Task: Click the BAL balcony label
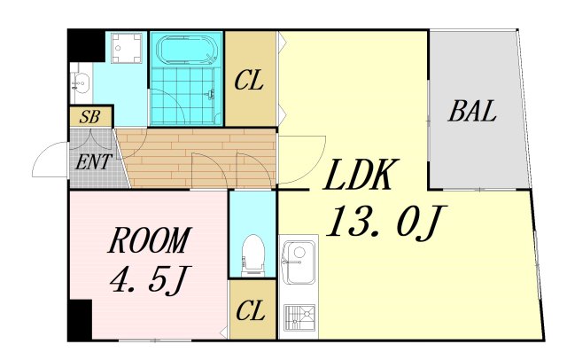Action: click(472, 111)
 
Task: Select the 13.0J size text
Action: click(387, 221)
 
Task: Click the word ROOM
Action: click(149, 240)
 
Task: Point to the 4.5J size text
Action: click(148, 279)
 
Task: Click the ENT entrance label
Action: click(92, 161)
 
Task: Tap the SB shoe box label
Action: click(89, 117)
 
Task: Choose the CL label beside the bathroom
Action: click(248, 81)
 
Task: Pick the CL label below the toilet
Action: click(251, 311)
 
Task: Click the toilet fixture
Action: click(252, 254)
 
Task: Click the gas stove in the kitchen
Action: click(299, 317)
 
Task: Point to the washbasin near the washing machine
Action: click(81, 83)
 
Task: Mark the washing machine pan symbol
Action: click(126, 48)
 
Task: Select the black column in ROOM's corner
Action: click(80, 320)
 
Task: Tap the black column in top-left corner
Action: click(86, 45)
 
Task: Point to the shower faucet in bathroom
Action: click(210, 94)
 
